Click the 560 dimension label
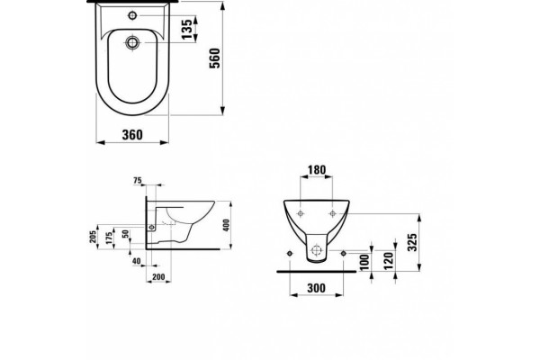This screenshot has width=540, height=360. coord(214,58)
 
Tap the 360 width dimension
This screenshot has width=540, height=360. coord(132,135)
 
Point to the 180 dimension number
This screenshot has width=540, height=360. coord(317,170)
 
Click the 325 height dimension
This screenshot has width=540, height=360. coord(412,242)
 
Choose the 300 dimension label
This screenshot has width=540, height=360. coord(316,288)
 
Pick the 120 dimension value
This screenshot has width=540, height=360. coord(389,261)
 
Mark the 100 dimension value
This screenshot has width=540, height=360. coord(364,262)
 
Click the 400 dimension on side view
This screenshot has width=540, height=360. coord(226,225)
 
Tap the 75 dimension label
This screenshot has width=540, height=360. coord(137,181)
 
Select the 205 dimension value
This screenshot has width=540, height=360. coord(94,237)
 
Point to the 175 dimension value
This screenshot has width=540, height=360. coord(109,238)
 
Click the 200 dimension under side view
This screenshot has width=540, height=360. coord(158,276)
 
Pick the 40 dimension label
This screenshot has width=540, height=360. coord(137,261)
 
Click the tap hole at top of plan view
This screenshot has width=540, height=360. coord(132,15)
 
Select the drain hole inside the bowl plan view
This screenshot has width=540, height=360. coord(132,42)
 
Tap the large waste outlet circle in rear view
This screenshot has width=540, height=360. coord(316,250)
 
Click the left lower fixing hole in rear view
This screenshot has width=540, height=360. coord(290,254)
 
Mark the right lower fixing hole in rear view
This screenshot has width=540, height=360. coord(343,254)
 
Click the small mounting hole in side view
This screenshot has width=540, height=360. coord(151,227)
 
